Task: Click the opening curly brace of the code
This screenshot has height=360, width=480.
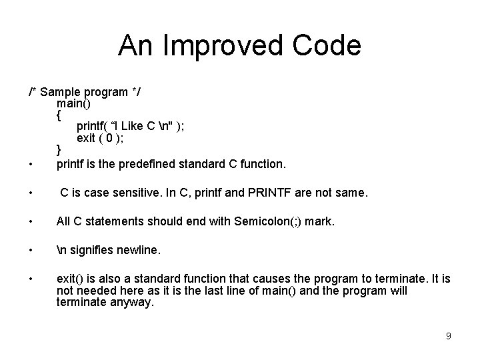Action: click(59, 115)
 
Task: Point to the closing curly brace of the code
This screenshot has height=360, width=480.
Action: click(59, 148)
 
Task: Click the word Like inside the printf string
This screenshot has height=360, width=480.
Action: click(133, 126)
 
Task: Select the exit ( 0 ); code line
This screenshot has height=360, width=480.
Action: click(100, 137)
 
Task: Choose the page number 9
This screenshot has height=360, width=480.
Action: click(448, 336)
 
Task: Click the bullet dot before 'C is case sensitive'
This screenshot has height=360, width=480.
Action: click(31, 194)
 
